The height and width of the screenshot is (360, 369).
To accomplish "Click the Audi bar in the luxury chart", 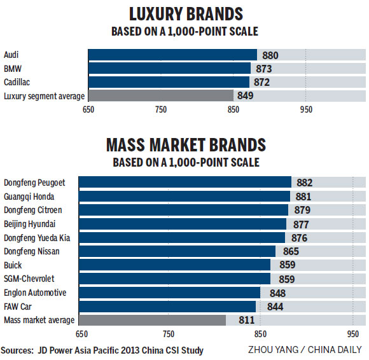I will [x=172, y=55].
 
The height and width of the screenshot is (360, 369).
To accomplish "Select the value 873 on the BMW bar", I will [x=263, y=69].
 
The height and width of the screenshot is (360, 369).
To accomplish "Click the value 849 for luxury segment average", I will [x=246, y=96].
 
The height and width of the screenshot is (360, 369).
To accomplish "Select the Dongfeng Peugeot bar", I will [x=184, y=183].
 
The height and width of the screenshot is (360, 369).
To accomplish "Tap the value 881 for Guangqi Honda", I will [x=303, y=197].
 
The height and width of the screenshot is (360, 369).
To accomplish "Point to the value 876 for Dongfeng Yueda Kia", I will [x=298, y=238].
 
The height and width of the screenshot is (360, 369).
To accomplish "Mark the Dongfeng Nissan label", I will [x=31, y=251].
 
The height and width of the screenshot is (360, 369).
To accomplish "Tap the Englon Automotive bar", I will [x=169, y=293].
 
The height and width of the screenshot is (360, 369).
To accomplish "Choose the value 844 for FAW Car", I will [x=269, y=307].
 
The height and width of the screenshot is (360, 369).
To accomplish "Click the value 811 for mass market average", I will [x=239, y=321].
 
